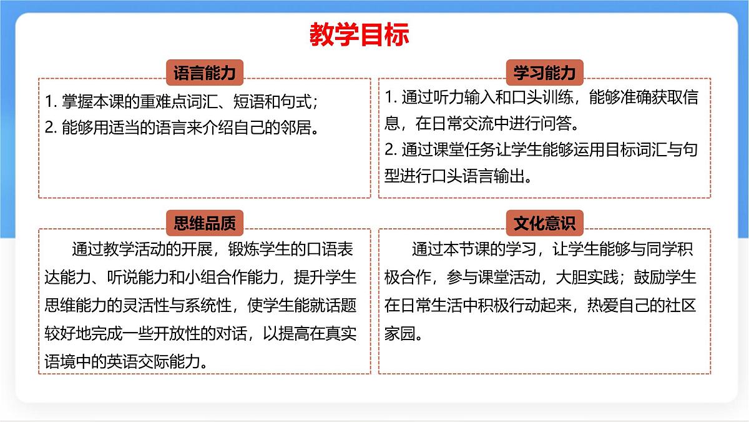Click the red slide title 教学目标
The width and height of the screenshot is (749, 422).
pyautogui.click(x=359, y=36)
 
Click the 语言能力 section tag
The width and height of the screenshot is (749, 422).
pyautogui.click(x=204, y=73)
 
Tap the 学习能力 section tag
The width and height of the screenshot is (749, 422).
pyautogui.click(x=544, y=73)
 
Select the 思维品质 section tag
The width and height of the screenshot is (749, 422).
pyautogui.click(x=204, y=222)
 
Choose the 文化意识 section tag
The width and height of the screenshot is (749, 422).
pyautogui.click(x=544, y=222)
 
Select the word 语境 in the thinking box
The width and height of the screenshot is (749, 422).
pyautogui.click(x=62, y=361)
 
